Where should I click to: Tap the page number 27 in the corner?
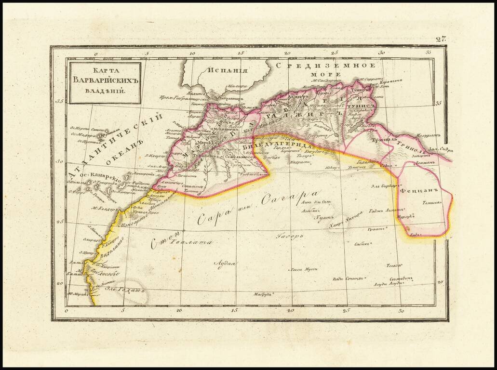point(440,39)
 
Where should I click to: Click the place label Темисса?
point(432,203)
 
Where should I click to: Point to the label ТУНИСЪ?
point(364,105)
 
